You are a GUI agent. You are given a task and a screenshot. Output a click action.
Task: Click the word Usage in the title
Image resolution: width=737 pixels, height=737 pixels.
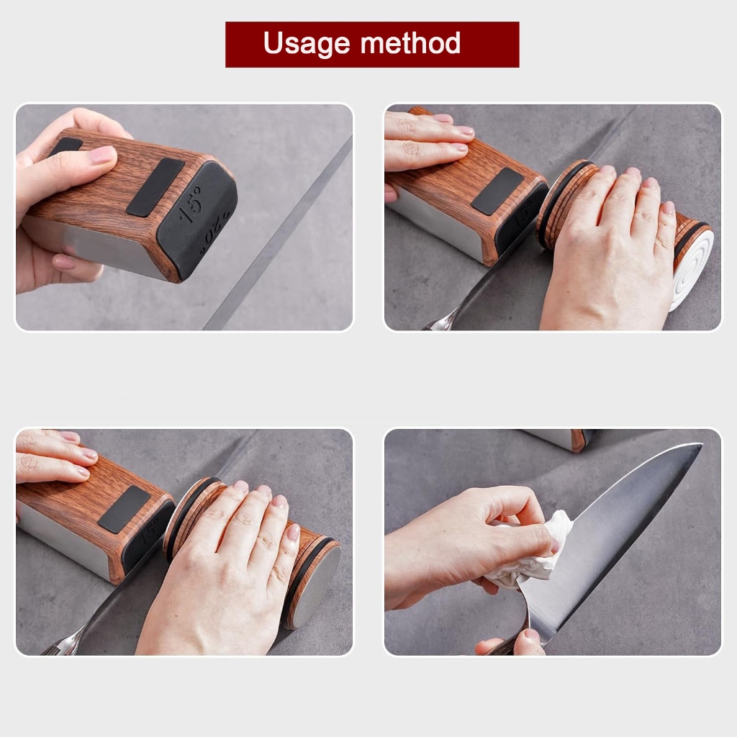point(307,44)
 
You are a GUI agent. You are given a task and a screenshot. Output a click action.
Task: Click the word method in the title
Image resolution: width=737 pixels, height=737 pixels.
point(410,42)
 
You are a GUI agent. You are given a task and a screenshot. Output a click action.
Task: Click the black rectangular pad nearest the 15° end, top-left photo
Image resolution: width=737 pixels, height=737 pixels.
point(155,187)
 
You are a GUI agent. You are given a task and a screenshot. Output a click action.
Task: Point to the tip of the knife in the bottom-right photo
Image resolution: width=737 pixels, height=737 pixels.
point(701,445)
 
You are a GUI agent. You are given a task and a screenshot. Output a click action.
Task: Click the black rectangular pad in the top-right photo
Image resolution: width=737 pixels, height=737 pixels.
point(497,191)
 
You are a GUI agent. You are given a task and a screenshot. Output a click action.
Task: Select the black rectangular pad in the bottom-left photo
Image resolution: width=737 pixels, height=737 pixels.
point(125,510)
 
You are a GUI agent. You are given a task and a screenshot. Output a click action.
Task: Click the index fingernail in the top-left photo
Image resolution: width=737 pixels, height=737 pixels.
point(102,155)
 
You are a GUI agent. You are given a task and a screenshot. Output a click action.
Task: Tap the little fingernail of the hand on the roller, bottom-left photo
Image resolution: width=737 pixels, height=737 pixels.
point(294,532)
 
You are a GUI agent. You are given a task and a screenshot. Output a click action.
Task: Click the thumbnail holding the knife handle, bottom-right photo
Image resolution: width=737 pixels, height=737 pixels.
point(532,636)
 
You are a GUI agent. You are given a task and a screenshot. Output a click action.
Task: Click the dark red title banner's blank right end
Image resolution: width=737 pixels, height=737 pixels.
point(491,44)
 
